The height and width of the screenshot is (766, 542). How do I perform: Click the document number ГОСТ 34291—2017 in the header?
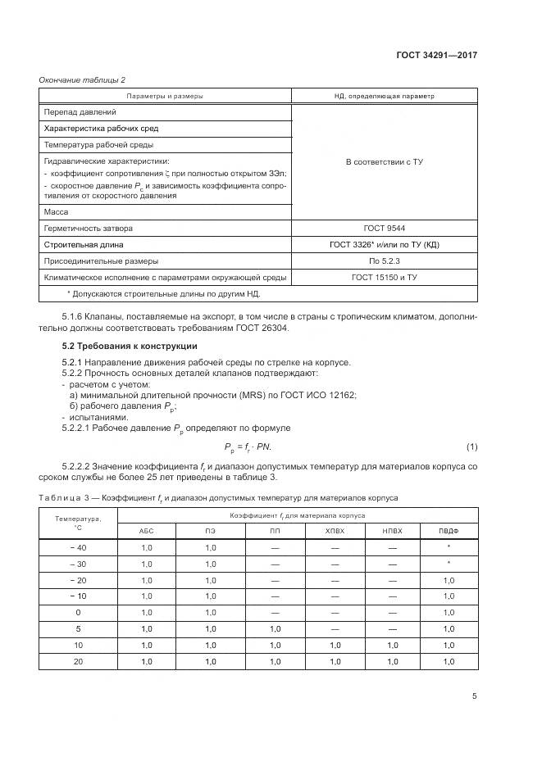pyautogui.click(x=438, y=56)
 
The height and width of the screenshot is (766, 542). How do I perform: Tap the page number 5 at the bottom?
pyautogui.click(x=475, y=696)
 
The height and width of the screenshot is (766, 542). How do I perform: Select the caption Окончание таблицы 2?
pyautogui.click(x=82, y=79)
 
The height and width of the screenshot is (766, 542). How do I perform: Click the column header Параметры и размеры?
pyautogui.click(x=165, y=96)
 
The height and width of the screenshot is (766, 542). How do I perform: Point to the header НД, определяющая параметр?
pyautogui.click(x=384, y=96)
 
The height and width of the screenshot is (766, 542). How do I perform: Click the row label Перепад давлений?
pyautogui.click(x=80, y=111)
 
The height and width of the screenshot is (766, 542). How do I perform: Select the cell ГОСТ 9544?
pyautogui.click(x=384, y=228)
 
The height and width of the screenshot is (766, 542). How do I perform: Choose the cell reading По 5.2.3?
pyautogui.click(x=384, y=261)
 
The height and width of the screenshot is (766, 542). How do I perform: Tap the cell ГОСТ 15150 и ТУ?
pyautogui.click(x=384, y=277)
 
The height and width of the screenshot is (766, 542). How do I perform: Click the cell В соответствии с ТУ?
pyautogui.click(x=384, y=161)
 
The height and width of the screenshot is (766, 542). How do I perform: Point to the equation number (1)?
pyautogui.click(x=471, y=446)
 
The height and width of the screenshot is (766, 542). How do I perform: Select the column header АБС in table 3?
pyautogui.click(x=147, y=531)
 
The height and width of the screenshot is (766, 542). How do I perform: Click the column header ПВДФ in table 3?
pyautogui.click(x=449, y=531)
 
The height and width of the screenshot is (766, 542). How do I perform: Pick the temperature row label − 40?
pyautogui.click(x=78, y=547)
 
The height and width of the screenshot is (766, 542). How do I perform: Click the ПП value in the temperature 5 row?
pyautogui.click(x=274, y=628)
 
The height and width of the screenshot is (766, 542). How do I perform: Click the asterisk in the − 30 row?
pyautogui.click(x=449, y=564)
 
